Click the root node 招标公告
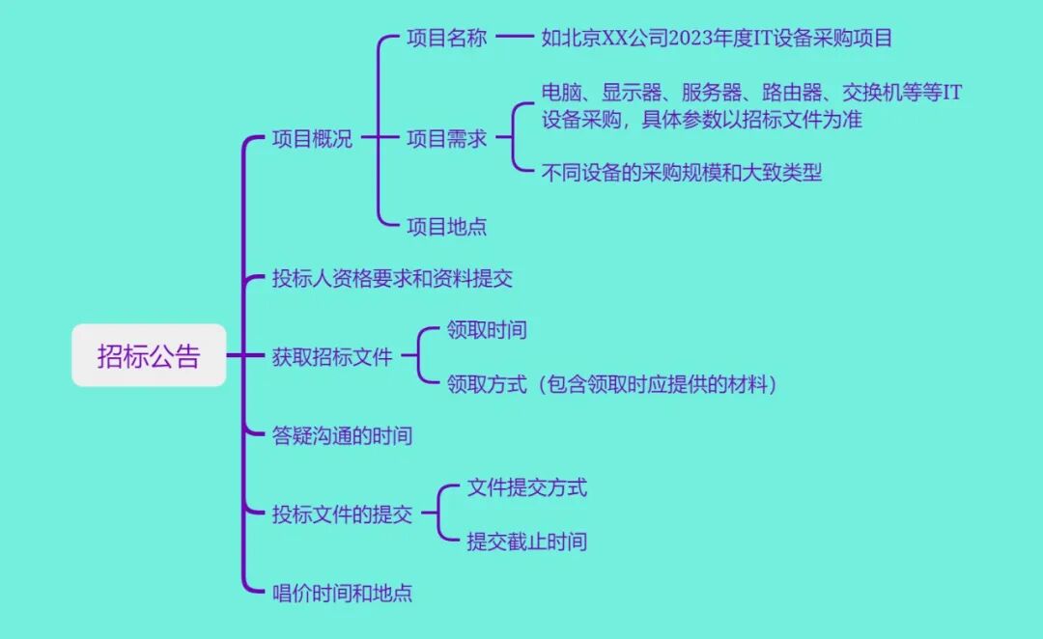(x=149, y=355)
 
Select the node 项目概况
(x=312, y=139)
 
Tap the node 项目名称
(x=446, y=39)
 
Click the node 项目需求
(x=446, y=139)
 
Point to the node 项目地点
(x=446, y=227)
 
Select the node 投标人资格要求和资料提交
(x=392, y=279)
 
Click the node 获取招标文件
(x=332, y=356)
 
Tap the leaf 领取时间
(x=487, y=330)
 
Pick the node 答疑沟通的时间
(x=342, y=435)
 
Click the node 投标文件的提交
(x=342, y=514)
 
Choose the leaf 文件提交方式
(x=526, y=487)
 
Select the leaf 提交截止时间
(x=526, y=541)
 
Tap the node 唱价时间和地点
(x=342, y=593)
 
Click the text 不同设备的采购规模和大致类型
(x=682, y=173)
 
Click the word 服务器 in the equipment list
(x=711, y=93)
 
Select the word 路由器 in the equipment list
(x=791, y=93)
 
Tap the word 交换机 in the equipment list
(x=871, y=93)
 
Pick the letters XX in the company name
(x=616, y=39)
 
